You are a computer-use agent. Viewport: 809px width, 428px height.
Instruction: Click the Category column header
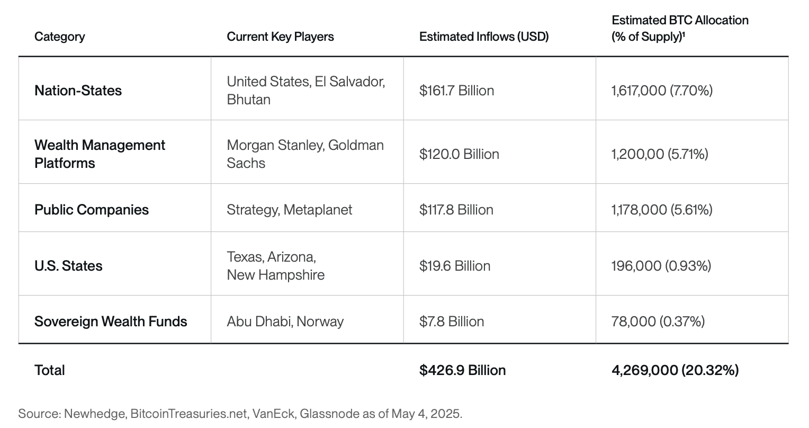59,37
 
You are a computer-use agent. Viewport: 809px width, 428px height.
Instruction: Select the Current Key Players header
280,37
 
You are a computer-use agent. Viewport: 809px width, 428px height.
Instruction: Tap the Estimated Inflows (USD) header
483,37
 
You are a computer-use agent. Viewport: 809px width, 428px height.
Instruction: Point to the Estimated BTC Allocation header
680,28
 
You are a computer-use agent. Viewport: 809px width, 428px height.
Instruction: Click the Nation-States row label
78,91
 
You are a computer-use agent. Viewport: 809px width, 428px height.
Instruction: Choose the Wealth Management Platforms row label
100,154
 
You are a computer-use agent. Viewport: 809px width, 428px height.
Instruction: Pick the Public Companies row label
92,210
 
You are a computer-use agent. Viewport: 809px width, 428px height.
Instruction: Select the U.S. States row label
68,266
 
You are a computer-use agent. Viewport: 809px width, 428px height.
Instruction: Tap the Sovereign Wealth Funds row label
111,322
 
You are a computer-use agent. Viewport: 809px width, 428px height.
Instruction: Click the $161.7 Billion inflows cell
456,91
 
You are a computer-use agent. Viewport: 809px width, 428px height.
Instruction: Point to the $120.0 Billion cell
459,154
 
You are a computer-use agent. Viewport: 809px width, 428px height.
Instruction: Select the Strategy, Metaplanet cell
289,210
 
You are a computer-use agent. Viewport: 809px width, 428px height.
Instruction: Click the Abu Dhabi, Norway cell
285,322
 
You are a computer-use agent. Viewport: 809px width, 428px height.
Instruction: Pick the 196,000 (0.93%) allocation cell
661,266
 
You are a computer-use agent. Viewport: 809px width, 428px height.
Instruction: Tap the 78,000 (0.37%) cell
658,322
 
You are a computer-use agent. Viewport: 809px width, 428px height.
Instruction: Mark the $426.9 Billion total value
462,370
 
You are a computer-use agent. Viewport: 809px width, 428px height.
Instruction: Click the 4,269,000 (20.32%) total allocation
675,370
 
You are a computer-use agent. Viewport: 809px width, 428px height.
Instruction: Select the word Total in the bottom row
50,370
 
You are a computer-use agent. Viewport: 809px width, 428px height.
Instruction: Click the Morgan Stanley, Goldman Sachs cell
305,154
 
